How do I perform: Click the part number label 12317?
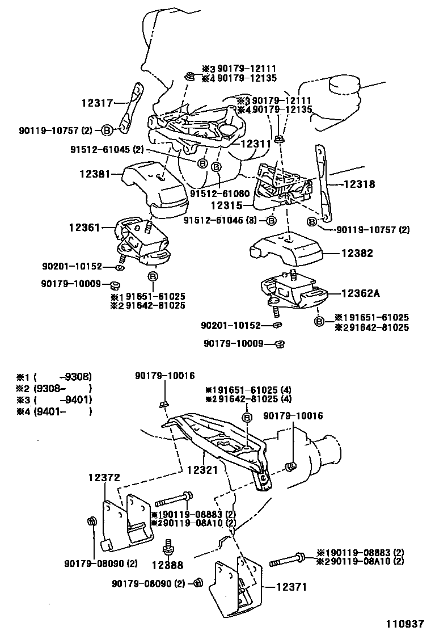point(97,103)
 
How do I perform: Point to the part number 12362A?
point(360,293)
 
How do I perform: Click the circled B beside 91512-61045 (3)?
point(271,220)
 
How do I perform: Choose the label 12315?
point(226,206)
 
